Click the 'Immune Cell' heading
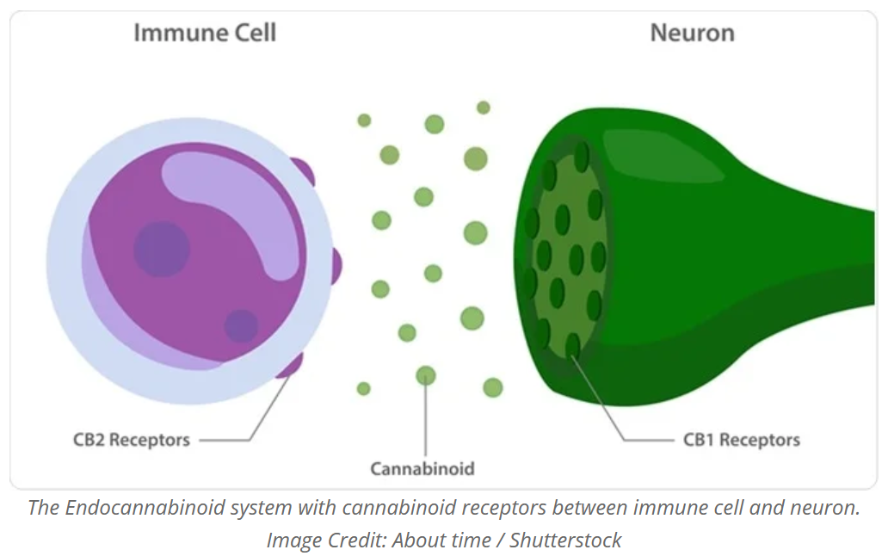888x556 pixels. click(x=205, y=33)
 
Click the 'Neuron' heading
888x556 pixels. click(x=692, y=33)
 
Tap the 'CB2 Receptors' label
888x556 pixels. click(x=132, y=440)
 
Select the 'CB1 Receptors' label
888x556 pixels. click(x=742, y=440)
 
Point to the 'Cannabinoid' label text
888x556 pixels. click(x=422, y=469)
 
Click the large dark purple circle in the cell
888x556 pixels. click(x=162, y=249)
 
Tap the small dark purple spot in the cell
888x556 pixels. click(x=241, y=326)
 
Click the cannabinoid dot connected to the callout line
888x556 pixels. click(x=426, y=374)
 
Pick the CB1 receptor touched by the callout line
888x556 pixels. click(x=572, y=345)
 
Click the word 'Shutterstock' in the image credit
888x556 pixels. click(x=565, y=541)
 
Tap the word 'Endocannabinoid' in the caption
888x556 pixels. click(x=145, y=507)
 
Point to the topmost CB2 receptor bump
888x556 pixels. click(x=304, y=171)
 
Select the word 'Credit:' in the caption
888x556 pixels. click(x=352, y=541)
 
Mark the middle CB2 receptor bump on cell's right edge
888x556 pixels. click(x=336, y=266)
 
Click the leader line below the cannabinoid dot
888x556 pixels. click(x=425, y=419)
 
